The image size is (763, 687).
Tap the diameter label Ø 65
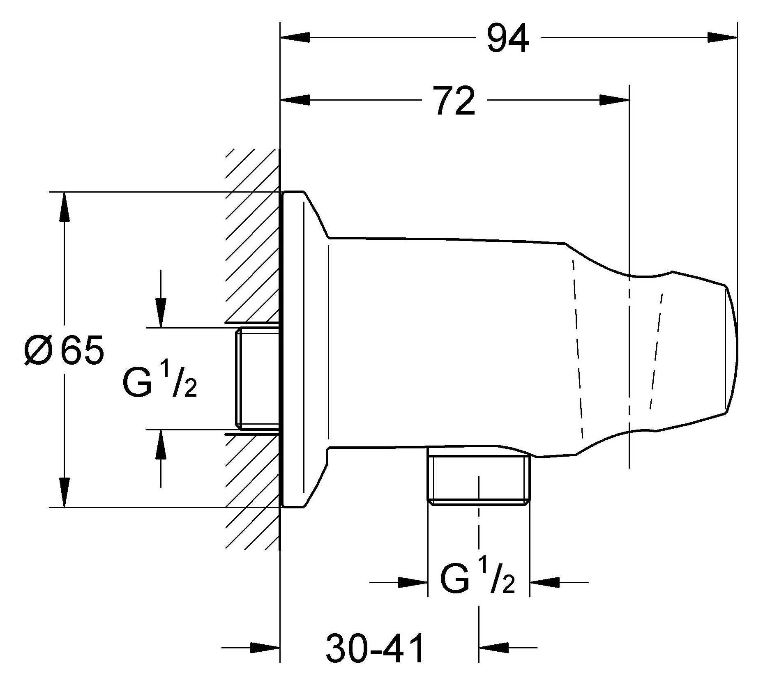coord(64,350)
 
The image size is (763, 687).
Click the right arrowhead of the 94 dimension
coord(722,38)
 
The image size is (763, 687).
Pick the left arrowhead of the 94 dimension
coord(295,38)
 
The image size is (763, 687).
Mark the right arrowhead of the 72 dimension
coord(614,100)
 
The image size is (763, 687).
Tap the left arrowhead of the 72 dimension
coord(295,100)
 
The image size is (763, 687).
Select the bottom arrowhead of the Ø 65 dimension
coord(64,492)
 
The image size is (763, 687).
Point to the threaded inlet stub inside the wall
coord(257,379)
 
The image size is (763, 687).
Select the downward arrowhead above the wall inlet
coord(160,313)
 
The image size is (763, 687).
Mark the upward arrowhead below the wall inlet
coord(160,444)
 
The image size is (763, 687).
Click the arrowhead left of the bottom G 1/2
coord(413,582)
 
